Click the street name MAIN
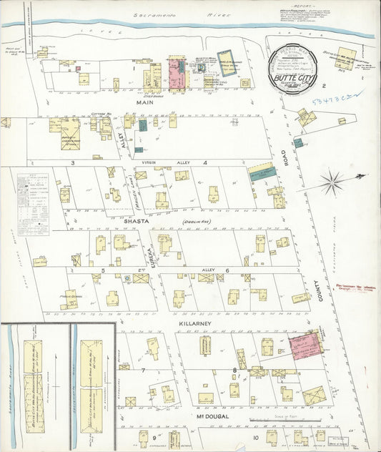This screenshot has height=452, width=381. (146, 102)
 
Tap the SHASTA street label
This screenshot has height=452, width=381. (137, 222)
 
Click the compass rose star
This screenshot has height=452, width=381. (332, 182)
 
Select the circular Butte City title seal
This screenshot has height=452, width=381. (295, 66)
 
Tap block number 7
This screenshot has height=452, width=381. (143, 370)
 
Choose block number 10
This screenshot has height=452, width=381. (254, 437)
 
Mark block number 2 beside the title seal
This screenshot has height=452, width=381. (323, 86)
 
